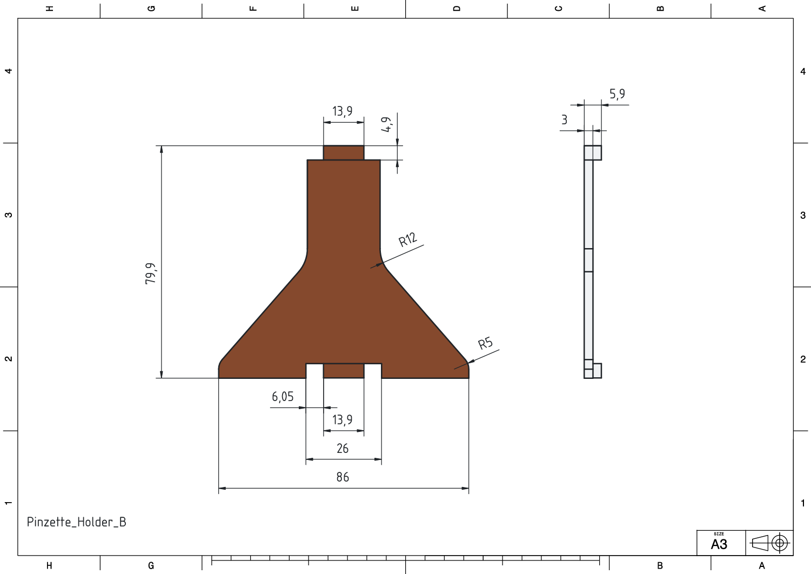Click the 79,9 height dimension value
coord(151,273)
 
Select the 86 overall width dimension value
coord(343,477)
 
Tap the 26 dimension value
coord(343,448)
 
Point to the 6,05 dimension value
coord(283,397)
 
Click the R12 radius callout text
coord(408,239)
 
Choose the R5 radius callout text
coord(486,343)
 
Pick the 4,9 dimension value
coord(387,124)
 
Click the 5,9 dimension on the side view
coord(617,94)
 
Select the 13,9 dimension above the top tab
coord(343,111)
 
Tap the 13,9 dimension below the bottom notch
coord(343,420)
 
